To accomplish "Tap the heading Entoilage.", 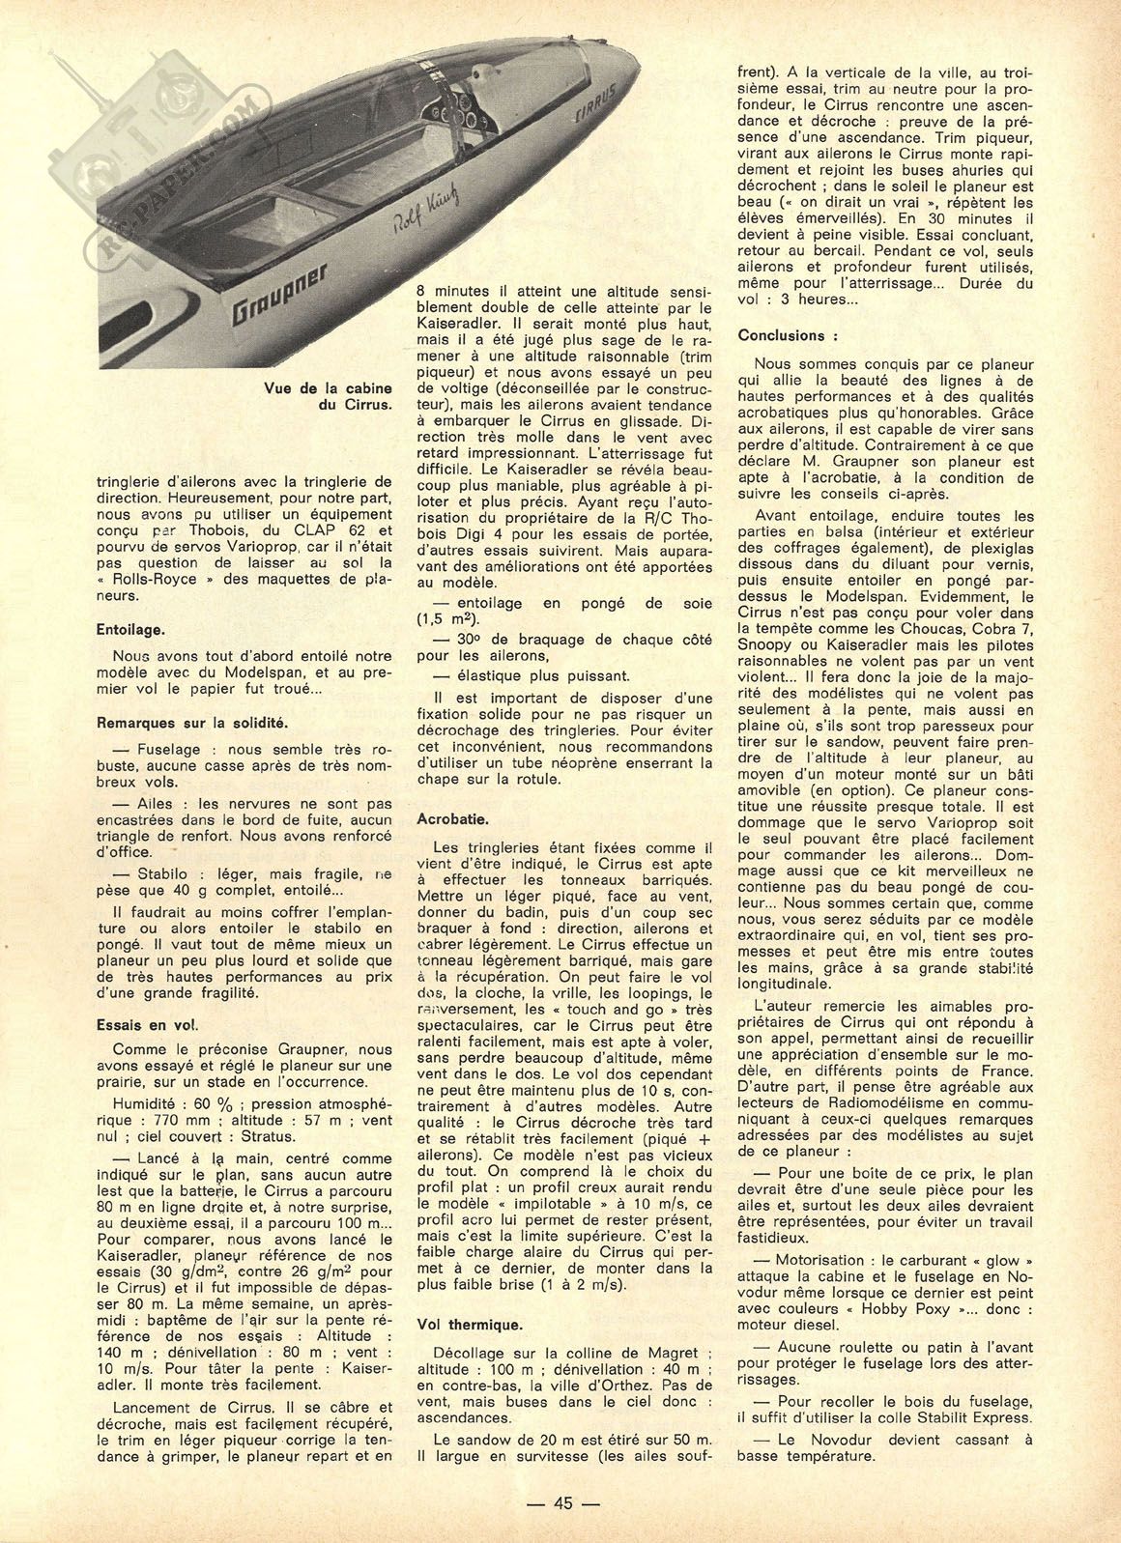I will coord(130,627).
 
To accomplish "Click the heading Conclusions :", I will coord(787,335).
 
